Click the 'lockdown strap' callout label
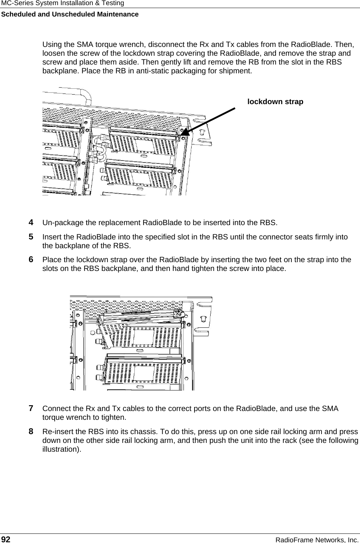coord(275,102)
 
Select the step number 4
coord(32,223)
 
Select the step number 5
coord(32,236)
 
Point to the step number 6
coord(32,260)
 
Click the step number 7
coord(32,408)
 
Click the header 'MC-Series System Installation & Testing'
coord(62,3)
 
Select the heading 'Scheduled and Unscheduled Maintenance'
coord(70,14)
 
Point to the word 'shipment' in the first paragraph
coord(237,70)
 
